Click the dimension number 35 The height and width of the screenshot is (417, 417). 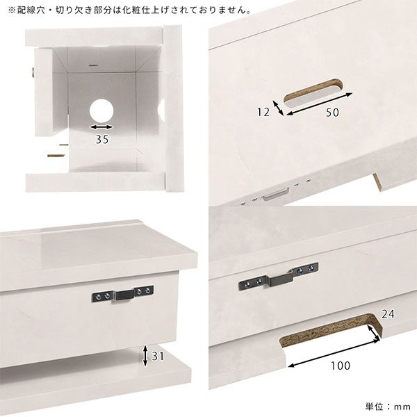click(102, 140)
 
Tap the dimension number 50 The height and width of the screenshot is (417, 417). click(332, 113)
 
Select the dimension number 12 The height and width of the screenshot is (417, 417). click(263, 112)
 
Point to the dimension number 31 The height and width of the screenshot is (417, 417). click(158, 356)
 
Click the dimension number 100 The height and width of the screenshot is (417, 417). click(341, 366)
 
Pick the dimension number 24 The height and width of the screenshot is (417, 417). click(388, 314)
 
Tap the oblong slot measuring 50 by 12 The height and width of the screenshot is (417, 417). click(313, 93)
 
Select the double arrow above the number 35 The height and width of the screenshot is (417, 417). click(101, 127)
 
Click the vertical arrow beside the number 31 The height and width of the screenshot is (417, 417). click(145, 356)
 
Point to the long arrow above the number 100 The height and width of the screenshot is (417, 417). click(334, 352)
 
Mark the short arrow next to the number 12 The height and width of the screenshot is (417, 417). click(279, 108)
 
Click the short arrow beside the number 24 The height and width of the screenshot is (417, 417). click(374, 332)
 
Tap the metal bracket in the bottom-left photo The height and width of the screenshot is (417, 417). click(122, 294)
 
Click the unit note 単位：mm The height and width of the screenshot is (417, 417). click(388, 407)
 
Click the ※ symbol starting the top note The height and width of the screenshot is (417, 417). click(12, 10)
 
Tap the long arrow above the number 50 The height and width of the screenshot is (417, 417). click(320, 104)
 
